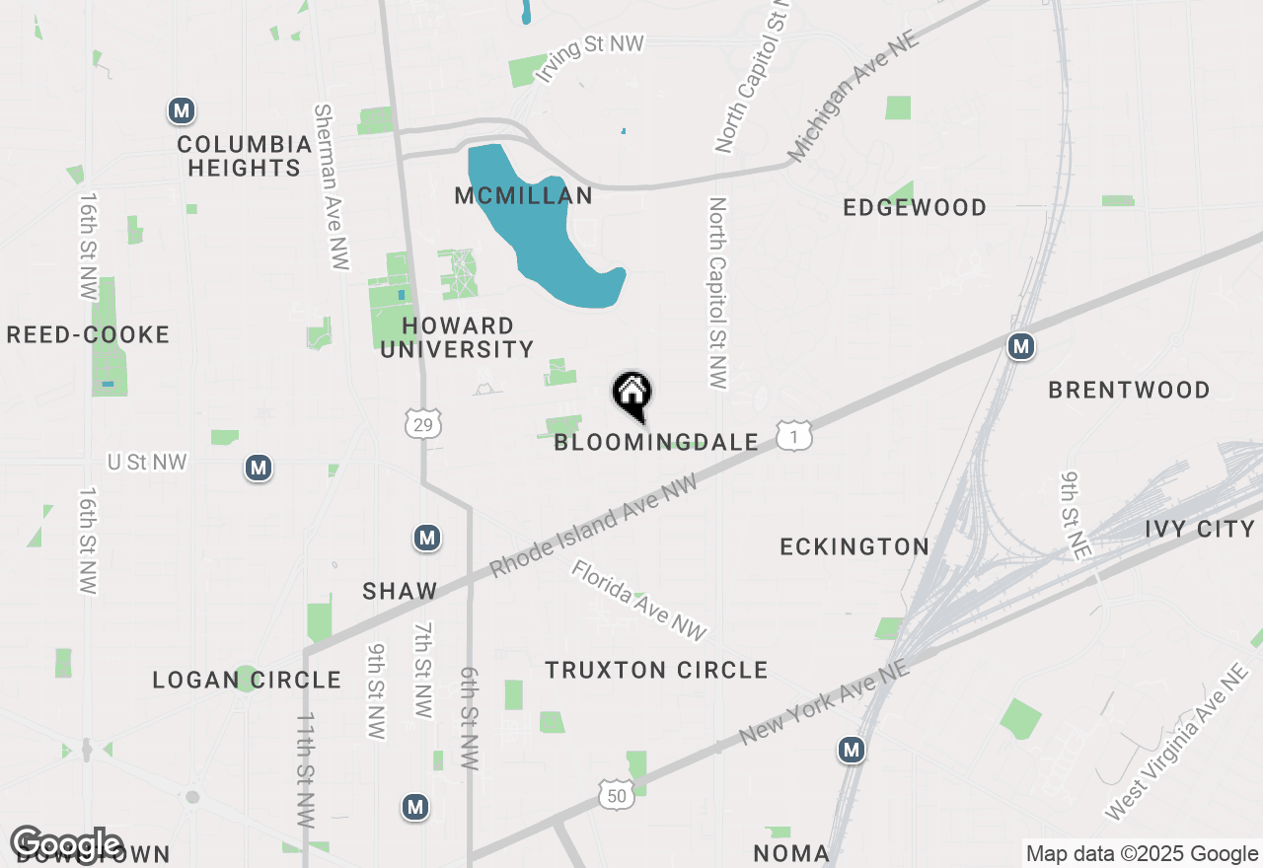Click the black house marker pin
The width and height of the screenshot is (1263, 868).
(x=632, y=395)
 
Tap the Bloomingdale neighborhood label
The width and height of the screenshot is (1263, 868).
(x=656, y=443)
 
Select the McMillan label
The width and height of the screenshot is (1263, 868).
(x=523, y=196)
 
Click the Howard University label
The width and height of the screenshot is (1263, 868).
(x=457, y=337)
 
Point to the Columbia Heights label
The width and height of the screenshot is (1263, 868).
(x=245, y=157)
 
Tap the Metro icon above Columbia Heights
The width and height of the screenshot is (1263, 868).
(x=181, y=110)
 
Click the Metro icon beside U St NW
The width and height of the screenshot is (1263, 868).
(x=259, y=467)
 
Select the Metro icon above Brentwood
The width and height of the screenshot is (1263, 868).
(x=1021, y=346)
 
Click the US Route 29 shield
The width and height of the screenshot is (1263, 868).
(x=422, y=424)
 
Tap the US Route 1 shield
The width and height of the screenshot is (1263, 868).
(x=793, y=435)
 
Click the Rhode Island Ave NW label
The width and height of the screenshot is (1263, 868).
(x=593, y=526)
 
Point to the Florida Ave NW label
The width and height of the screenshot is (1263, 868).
(x=638, y=601)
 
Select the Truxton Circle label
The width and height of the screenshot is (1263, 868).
(x=656, y=671)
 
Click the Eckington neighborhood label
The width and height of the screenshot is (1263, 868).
(x=854, y=547)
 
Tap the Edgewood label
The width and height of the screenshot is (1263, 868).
(x=915, y=208)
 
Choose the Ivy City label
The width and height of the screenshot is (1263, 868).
(x=1200, y=530)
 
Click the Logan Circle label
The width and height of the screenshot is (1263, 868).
(x=247, y=681)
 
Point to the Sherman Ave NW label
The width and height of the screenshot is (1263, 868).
(x=330, y=186)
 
